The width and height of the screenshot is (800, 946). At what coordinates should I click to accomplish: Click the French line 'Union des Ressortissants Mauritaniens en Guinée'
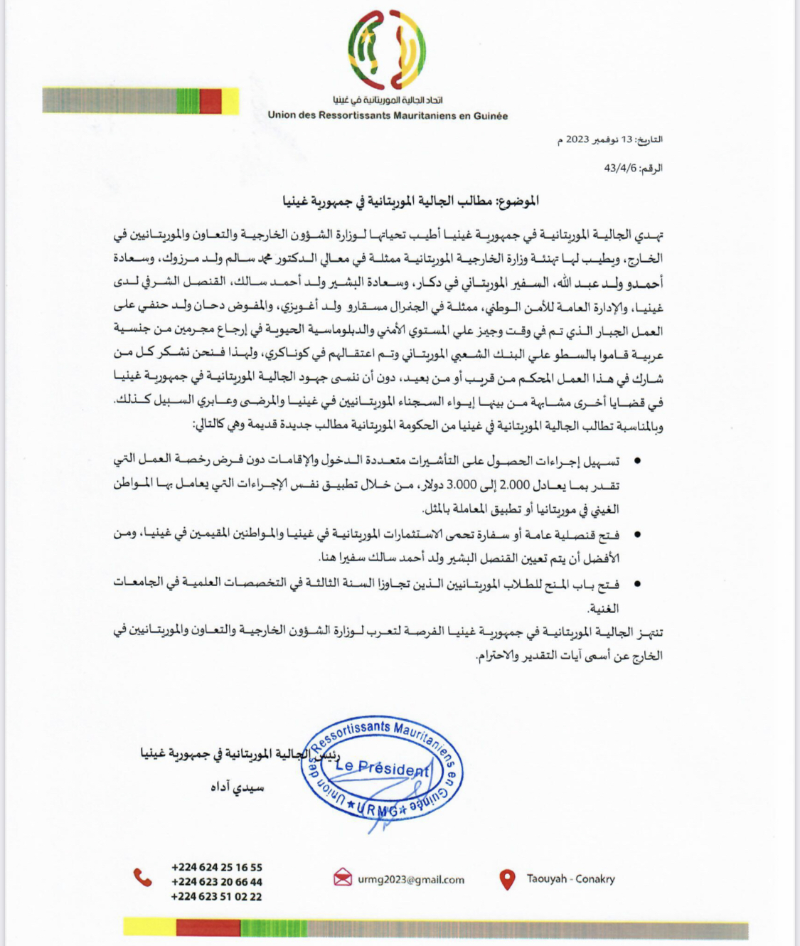388,115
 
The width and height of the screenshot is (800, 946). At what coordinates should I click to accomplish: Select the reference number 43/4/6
619,169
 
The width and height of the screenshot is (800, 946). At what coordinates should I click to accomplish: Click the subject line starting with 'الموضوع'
410,201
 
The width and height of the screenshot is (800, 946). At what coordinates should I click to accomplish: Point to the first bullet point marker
637,462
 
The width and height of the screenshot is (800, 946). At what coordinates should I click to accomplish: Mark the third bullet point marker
637,585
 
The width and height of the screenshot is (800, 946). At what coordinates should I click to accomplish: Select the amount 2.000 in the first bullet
514,485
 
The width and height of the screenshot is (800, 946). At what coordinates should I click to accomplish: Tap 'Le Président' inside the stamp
383,767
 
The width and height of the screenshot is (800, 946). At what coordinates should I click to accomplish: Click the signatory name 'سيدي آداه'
238,787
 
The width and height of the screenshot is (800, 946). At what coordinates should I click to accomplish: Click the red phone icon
143,878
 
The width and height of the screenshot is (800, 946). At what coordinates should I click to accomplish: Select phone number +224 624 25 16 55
216,867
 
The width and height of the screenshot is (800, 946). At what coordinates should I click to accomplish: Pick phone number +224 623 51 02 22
216,897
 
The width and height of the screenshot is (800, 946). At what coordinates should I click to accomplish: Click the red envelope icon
343,878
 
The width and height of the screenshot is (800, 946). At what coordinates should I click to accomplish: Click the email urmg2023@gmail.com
411,880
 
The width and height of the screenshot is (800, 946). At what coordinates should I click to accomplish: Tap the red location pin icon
507,880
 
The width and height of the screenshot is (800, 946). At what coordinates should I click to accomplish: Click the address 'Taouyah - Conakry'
570,879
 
